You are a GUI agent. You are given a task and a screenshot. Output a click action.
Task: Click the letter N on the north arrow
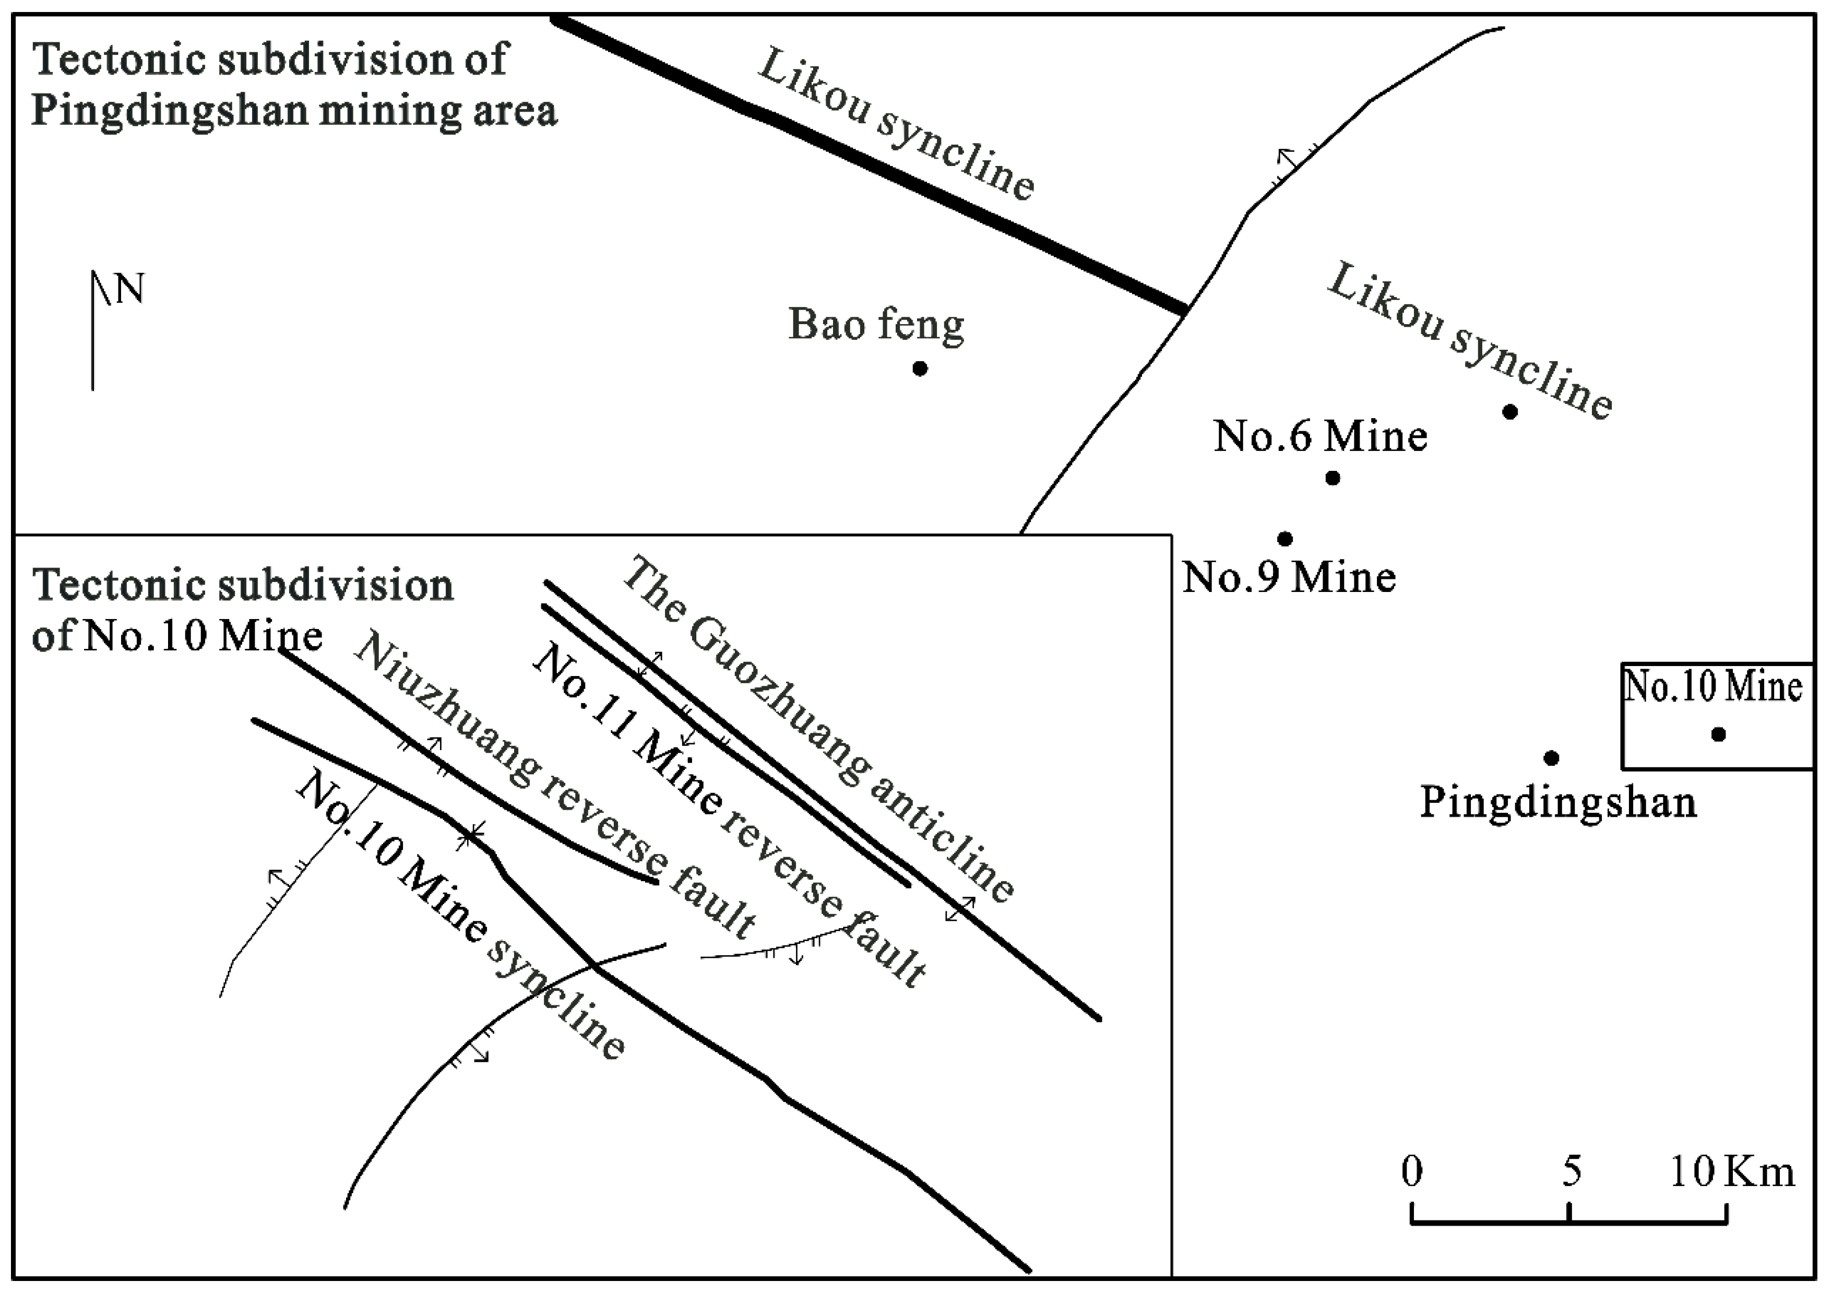point(130,289)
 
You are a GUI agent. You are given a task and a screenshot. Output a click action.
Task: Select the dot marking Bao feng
point(920,369)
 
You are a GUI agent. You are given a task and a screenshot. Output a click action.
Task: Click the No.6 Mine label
point(1321,436)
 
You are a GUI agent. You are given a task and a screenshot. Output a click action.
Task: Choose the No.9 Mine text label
point(1289,577)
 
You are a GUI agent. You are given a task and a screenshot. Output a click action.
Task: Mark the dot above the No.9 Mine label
point(1284,539)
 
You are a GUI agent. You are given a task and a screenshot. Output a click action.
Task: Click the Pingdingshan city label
point(1557,802)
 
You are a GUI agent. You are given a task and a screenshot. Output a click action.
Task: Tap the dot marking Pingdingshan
point(1551,757)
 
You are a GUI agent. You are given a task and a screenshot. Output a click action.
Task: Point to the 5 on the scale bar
point(1571,1172)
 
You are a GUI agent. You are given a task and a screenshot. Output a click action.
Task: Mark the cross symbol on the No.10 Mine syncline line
point(471,835)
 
